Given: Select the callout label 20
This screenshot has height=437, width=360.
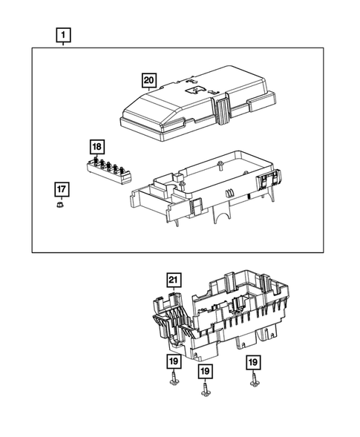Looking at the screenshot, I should tap(150, 81).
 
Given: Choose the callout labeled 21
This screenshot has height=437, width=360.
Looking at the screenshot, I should tap(172, 279).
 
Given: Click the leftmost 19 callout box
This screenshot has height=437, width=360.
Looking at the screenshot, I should tap(172, 362).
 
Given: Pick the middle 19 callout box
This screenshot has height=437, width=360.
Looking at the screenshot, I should tap(205, 370).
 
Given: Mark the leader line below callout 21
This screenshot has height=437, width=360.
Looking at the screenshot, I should tap(172, 292).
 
